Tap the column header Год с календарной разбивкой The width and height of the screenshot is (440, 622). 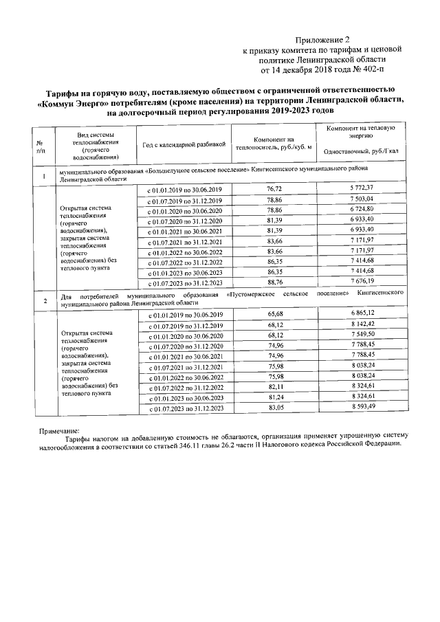[x=184, y=145]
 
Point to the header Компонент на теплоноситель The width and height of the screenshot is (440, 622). [x=273, y=142]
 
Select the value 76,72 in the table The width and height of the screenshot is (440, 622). [x=274, y=188]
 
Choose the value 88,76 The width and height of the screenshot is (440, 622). [x=274, y=282]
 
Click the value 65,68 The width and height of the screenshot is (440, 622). [x=274, y=313]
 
